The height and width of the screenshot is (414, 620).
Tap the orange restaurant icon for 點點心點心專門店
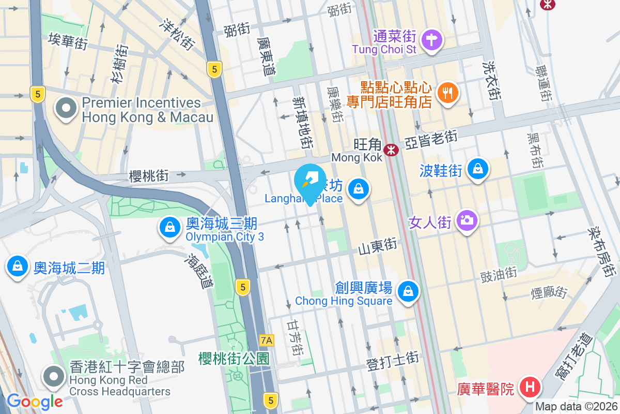point(447,93)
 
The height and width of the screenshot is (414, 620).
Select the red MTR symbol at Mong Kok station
point(392,150)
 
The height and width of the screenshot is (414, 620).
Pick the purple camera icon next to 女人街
point(467,221)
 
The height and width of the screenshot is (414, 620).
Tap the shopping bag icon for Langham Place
point(358,189)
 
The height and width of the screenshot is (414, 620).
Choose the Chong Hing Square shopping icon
point(409,291)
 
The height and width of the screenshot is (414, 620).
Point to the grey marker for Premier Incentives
point(67,109)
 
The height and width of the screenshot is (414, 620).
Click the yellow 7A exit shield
point(267,341)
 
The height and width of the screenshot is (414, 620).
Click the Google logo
point(35,401)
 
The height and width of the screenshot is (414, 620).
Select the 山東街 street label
point(378,246)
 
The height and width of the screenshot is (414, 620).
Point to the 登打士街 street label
point(392,361)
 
